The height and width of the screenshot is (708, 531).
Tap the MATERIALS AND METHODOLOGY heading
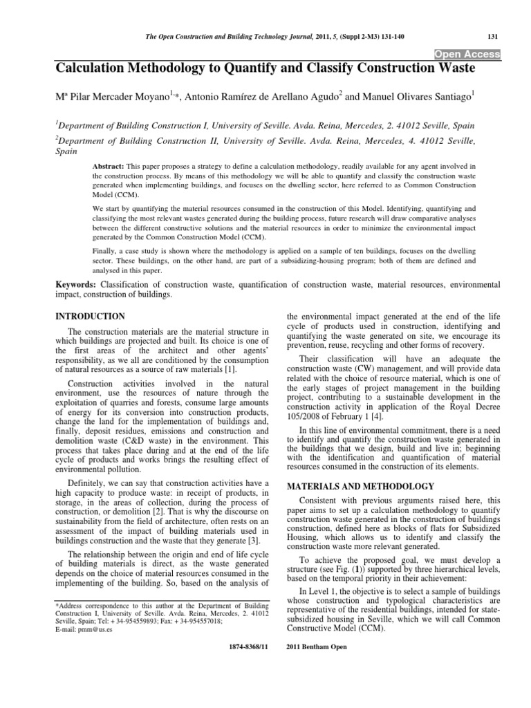pyautogui.click(x=360, y=486)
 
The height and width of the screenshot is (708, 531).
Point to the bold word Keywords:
pyautogui.click(x=76, y=284)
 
